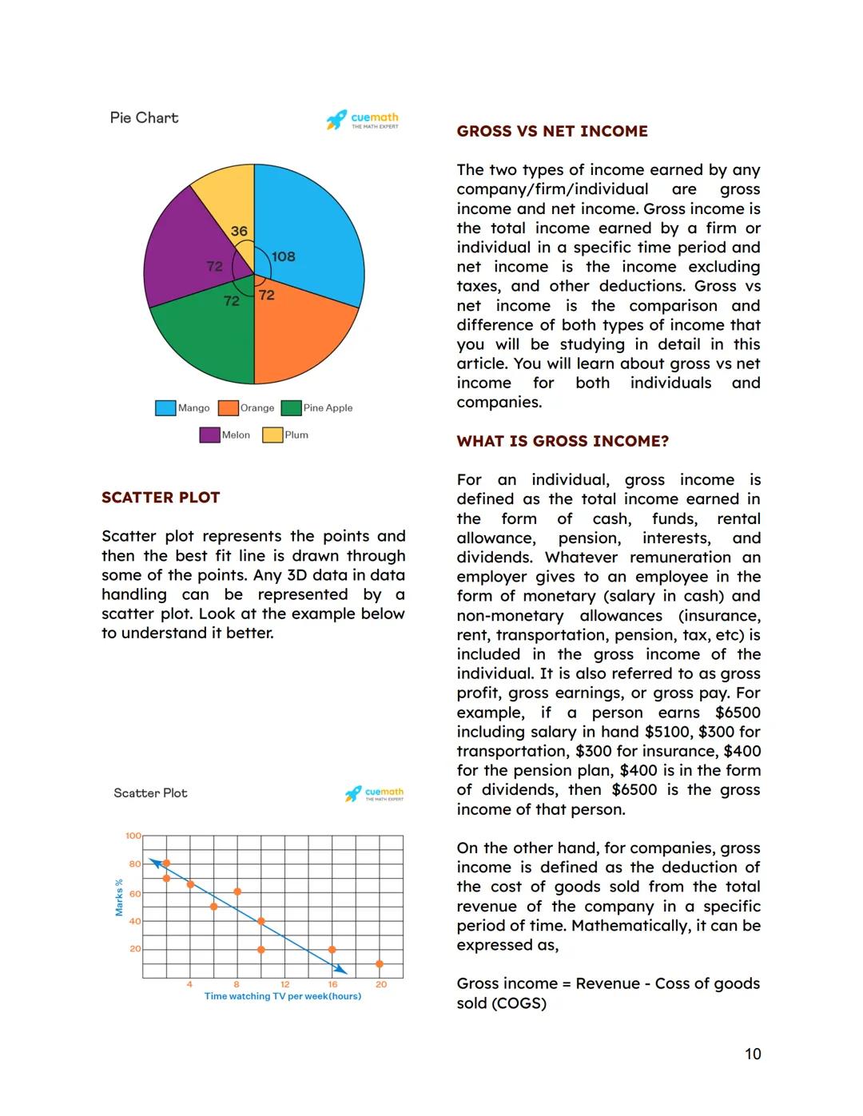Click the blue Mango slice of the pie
coord(316,224)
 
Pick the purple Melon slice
coord(180,248)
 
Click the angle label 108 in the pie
coord(284,256)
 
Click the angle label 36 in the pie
coord(239,231)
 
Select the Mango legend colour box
coord(165,407)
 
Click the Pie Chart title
coord(144,117)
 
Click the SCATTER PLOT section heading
coord(161,497)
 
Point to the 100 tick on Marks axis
coord(133,836)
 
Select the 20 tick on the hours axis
coord(381,984)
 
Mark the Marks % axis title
coord(119,897)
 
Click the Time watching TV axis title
coord(283,996)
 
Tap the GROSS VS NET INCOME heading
coord(552,131)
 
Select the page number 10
coord(753,1054)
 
